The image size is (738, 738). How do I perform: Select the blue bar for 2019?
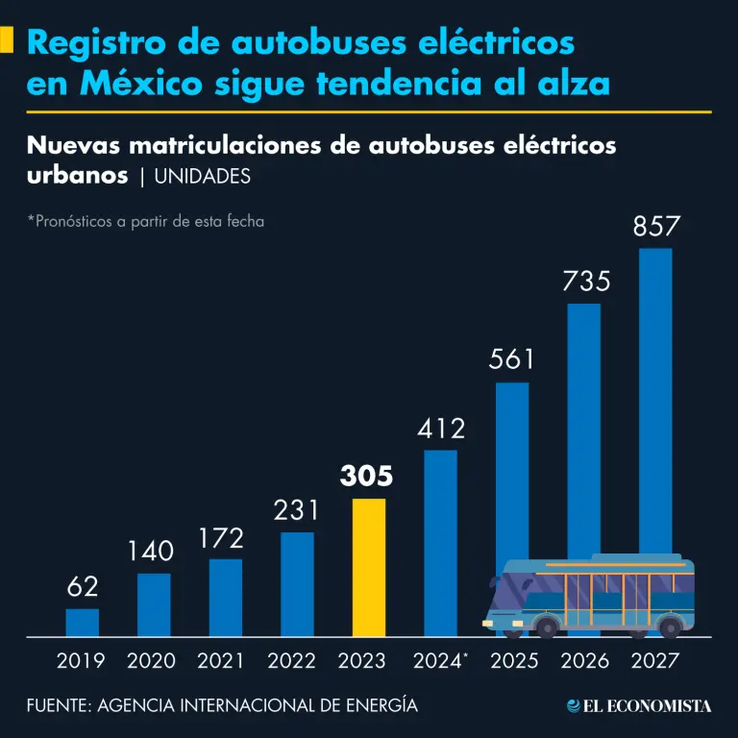[83, 622]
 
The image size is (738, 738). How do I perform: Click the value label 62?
[83, 586]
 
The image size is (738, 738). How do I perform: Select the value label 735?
[583, 282]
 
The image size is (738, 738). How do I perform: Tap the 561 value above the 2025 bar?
[511, 360]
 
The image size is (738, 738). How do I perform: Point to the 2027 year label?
[654, 661]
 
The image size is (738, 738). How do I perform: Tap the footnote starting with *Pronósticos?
[145, 221]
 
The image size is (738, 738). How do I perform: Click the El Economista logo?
[639, 706]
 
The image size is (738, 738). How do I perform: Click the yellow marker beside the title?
[7, 41]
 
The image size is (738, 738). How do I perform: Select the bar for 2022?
[297, 584]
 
